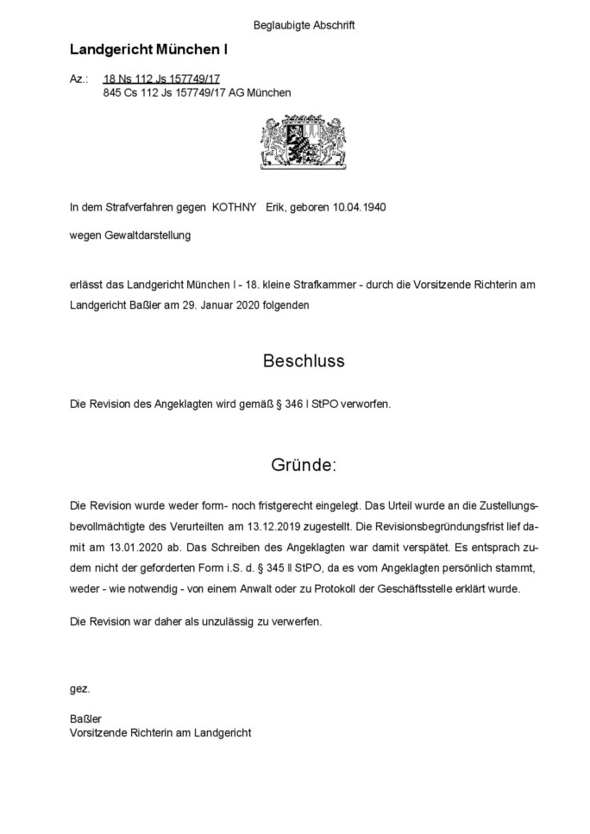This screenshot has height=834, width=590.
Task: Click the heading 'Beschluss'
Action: (303, 361)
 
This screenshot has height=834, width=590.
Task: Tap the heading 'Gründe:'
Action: (304, 466)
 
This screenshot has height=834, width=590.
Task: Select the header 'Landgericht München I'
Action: (148, 51)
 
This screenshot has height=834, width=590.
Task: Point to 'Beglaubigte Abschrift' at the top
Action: (304, 25)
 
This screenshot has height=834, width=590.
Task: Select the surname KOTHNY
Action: (234, 207)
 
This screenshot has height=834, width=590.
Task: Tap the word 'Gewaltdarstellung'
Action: (148, 234)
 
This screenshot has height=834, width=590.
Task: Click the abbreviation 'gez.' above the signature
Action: (79, 688)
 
